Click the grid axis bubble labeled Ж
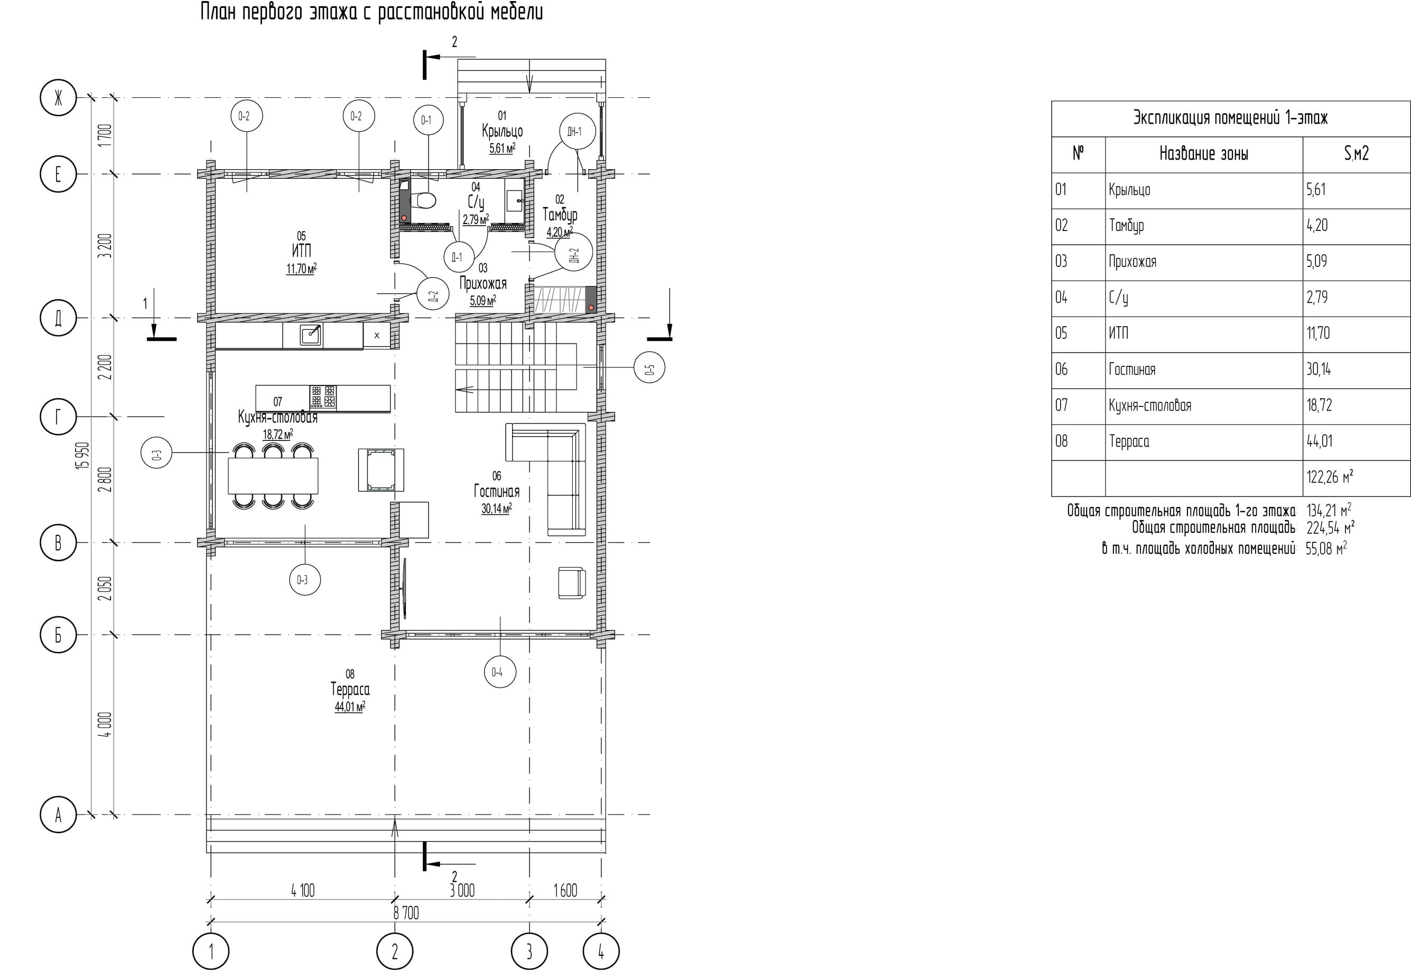(58, 98)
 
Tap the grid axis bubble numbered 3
(529, 952)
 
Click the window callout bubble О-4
(499, 672)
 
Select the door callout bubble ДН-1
(577, 131)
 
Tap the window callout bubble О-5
(649, 368)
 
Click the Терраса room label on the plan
(350, 689)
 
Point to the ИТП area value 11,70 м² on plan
(301, 269)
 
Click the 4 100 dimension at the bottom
(303, 891)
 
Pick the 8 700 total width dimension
(406, 913)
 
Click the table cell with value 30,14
(1319, 370)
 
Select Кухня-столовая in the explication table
(1150, 405)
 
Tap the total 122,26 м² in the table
(1330, 477)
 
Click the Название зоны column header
(1204, 154)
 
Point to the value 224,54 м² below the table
(1330, 528)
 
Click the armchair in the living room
(571, 583)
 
